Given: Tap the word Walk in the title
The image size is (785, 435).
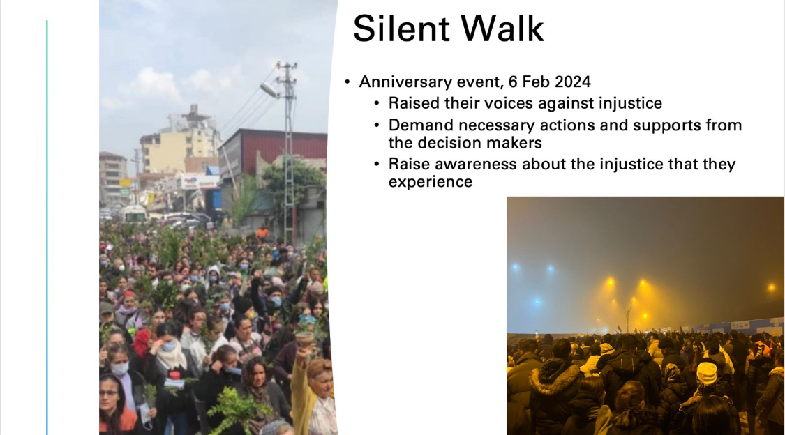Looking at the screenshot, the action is click(x=502, y=29).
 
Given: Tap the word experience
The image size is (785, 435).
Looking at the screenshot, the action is click(x=431, y=182).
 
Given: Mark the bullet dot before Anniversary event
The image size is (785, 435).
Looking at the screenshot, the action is click(x=347, y=82).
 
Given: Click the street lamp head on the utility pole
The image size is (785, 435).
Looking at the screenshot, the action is click(x=269, y=89).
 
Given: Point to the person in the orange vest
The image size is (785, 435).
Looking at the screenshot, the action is click(x=262, y=232).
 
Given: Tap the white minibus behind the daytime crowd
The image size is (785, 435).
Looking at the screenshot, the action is click(x=134, y=214).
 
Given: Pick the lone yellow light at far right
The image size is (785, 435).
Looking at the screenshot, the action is click(x=772, y=287).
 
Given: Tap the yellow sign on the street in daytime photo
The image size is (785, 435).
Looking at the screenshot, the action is click(x=125, y=183).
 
